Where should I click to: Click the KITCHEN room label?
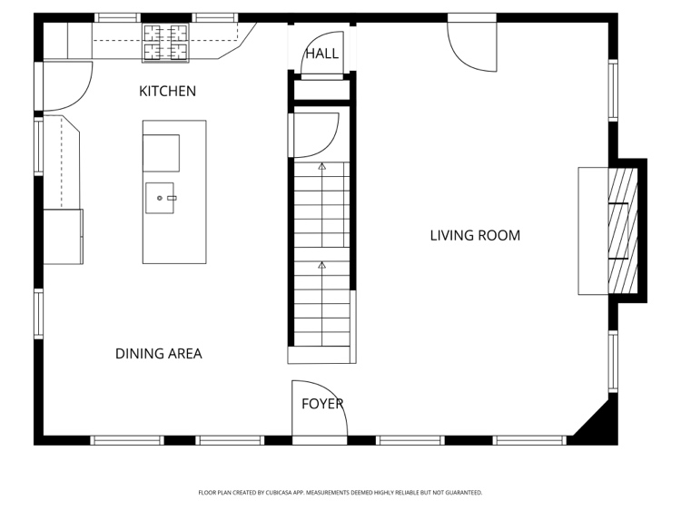click(x=167, y=91)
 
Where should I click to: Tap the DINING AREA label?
click(x=159, y=354)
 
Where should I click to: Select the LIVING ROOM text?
click(x=475, y=235)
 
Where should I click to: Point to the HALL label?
click(x=321, y=54)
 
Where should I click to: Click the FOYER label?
click(x=322, y=404)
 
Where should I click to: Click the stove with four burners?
click(x=165, y=43)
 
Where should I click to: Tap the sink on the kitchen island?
click(x=160, y=198)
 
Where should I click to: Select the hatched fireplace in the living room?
click(x=622, y=230)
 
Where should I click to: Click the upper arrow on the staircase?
click(x=321, y=166)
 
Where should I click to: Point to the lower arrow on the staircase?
click(x=321, y=265)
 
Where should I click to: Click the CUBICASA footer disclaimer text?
click(x=340, y=493)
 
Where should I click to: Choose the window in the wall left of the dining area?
click(x=39, y=313)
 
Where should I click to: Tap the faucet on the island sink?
click(x=172, y=198)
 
